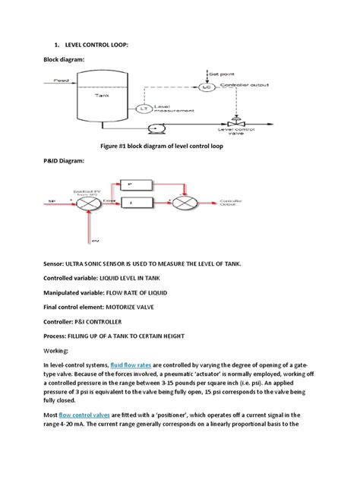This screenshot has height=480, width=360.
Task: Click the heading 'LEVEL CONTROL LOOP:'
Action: coord(90,45)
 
